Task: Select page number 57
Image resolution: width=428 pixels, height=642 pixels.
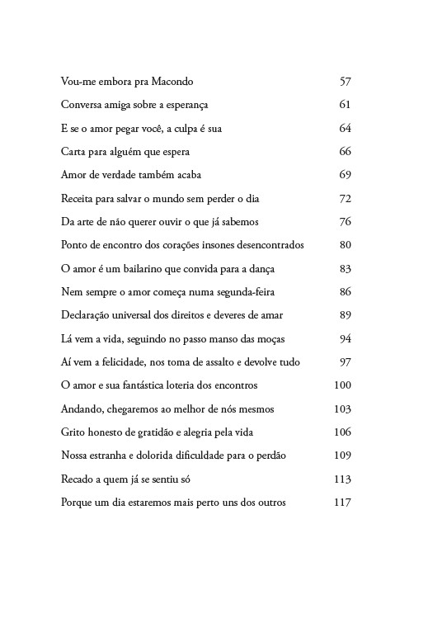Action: [346, 82]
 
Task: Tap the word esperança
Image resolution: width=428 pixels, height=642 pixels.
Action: [186, 105]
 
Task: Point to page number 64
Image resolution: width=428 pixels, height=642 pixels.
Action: [346, 129]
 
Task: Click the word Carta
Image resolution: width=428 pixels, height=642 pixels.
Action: [73, 152]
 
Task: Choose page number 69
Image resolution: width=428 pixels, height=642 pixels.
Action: [346, 175]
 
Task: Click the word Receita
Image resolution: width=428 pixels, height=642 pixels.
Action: [78, 199]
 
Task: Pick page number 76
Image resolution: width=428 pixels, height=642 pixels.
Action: [346, 222]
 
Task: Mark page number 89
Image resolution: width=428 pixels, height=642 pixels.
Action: [346, 315]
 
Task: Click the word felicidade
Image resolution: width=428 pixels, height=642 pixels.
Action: [124, 362]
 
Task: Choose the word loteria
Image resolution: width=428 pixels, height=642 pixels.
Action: [169, 385]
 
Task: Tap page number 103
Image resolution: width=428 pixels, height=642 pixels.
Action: [343, 409]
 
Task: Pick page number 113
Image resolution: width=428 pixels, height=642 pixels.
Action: [343, 479]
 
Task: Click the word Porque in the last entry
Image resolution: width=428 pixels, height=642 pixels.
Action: [77, 503]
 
